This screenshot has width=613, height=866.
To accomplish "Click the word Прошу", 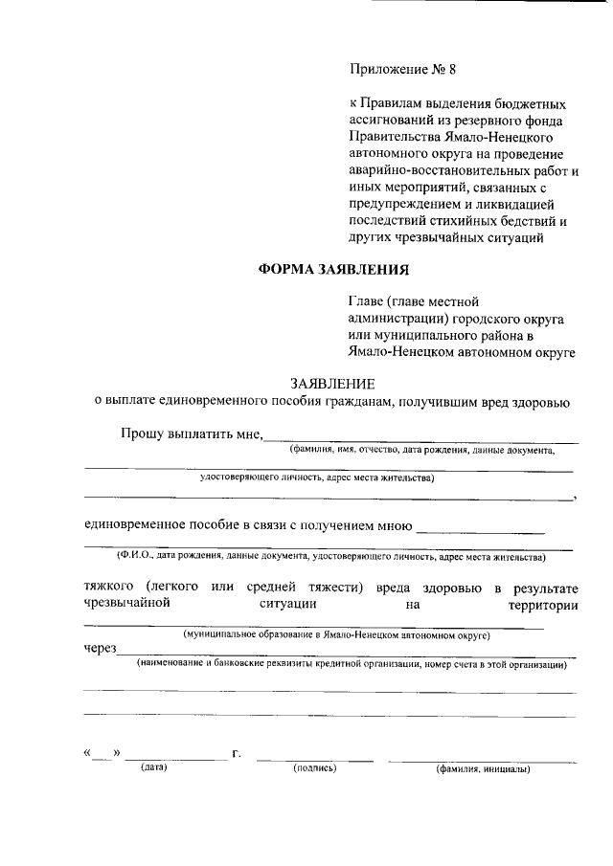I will click(141, 433).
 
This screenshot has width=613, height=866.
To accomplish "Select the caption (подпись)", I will click(315, 767).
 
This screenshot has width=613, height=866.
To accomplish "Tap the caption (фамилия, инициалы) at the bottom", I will click(483, 768).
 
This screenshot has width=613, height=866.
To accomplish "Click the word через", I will click(100, 649).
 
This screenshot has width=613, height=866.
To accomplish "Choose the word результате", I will click(544, 586).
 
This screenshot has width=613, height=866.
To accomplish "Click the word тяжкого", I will click(109, 586).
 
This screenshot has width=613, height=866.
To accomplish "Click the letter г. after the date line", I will click(237, 754).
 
